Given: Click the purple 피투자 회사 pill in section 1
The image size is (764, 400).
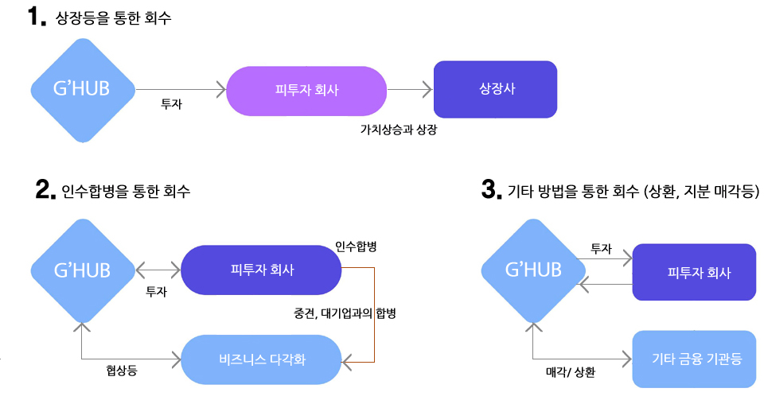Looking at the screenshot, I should [306, 90].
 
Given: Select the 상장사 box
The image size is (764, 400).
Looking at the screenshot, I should [495, 89].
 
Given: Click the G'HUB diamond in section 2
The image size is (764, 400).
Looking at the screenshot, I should [82, 270].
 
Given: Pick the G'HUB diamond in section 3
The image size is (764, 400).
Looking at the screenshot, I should [533, 270].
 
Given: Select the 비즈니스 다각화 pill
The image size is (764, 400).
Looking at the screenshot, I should [262, 359].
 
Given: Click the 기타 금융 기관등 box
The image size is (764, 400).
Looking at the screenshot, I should [694, 359].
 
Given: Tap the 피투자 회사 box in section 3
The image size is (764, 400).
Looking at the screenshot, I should [694, 272].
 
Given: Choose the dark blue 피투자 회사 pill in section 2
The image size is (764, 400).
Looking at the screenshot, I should [261, 270].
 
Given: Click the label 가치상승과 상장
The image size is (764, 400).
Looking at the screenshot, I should [399, 129].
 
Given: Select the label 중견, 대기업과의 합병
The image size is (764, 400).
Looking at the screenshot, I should [345, 313].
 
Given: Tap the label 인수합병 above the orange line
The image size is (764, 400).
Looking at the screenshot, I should [356, 247].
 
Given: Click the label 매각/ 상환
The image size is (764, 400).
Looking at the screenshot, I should [571, 371].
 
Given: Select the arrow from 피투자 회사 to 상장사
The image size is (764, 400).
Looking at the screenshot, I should [409, 90].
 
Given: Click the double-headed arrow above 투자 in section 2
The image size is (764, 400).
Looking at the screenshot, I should [158, 270].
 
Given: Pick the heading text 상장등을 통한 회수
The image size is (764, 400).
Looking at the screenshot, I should [114, 18].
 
